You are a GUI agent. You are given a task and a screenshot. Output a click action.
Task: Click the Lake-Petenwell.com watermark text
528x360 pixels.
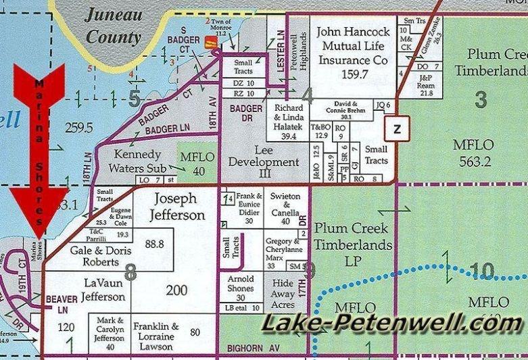tap(392, 325)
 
